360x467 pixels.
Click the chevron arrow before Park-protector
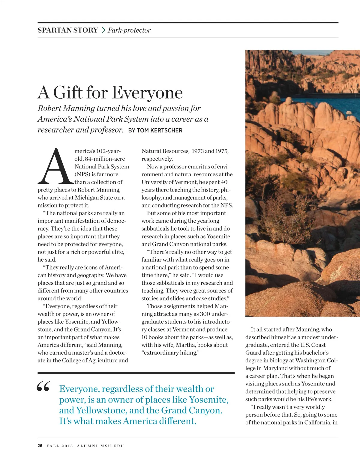point(103,30)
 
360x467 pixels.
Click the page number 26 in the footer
point(40,446)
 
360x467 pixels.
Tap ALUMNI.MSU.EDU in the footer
point(100,446)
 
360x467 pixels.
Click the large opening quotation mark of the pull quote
point(43,387)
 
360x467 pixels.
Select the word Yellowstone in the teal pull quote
point(100,410)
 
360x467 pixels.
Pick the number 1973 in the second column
point(198,151)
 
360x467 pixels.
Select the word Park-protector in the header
point(129,30)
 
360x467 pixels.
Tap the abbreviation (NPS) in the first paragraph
point(82,174)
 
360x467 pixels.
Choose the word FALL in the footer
point(53,446)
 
